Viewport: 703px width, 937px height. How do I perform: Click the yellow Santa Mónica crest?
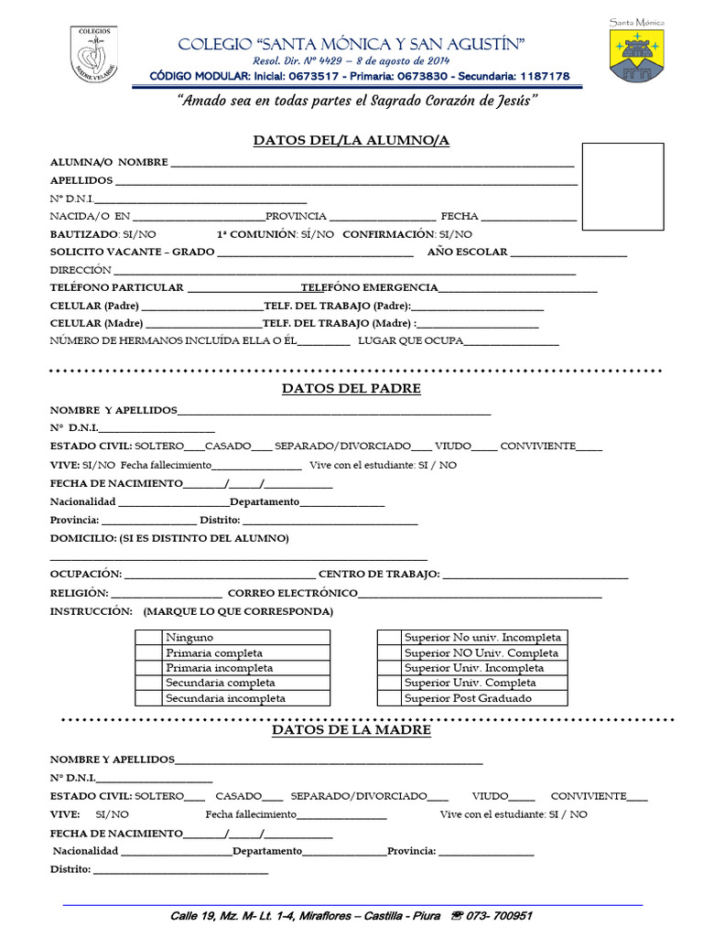637,56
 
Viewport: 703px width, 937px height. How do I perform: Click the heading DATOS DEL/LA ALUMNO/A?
351,140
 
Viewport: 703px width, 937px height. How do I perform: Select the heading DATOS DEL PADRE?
351,388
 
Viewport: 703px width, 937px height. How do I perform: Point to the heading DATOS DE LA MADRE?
351,730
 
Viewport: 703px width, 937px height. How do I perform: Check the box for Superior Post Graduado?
389,698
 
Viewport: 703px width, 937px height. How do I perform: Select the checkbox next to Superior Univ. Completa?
389,683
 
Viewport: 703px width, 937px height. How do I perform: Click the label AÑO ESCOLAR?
467,252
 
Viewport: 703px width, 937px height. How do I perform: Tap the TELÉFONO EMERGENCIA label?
369,287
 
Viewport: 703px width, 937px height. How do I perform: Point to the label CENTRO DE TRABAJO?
379,575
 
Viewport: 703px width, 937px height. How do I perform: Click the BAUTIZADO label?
83,235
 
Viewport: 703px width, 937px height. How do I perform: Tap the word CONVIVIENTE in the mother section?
588,796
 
